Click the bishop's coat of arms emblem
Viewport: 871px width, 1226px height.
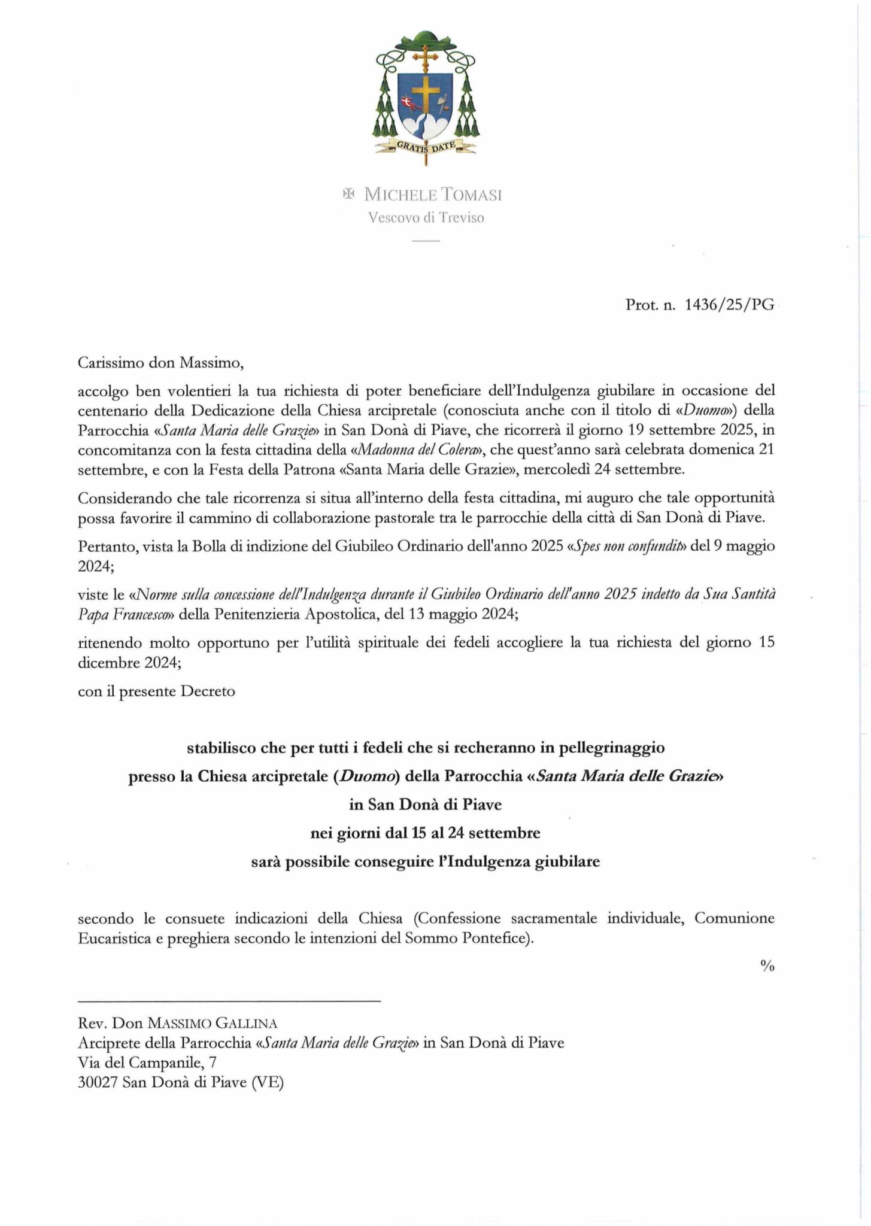pos(426,96)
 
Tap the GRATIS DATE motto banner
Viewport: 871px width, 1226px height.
pos(426,145)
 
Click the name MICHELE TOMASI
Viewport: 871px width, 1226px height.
pos(433,195)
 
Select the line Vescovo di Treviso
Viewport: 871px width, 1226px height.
pos(426,218)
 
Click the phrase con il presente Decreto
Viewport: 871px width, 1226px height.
pos(156,691)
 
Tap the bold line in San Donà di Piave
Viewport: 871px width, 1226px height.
pos(426,805)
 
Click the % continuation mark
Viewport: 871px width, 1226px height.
pos(767,966)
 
